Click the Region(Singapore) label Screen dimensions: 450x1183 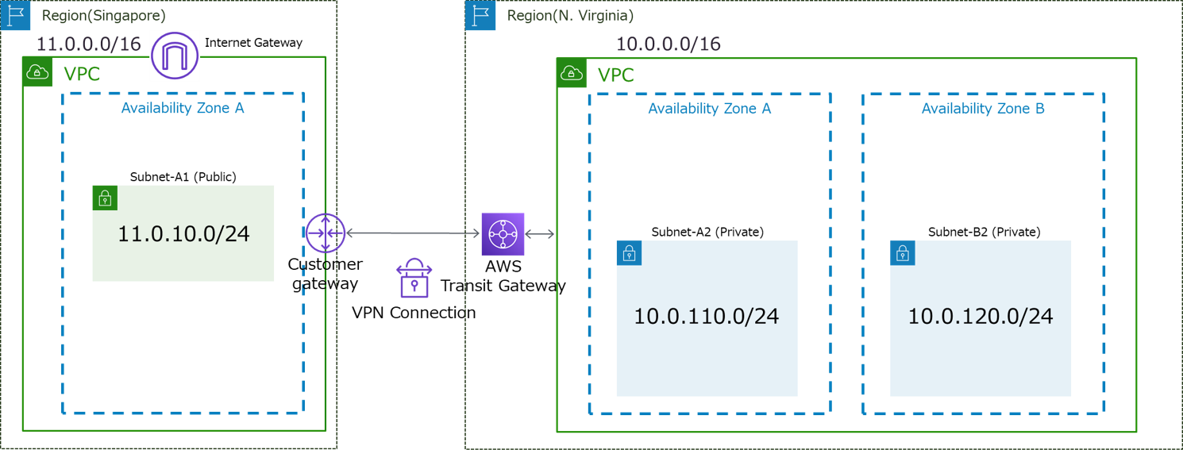(102, 16)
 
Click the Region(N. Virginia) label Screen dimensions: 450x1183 (570, 16)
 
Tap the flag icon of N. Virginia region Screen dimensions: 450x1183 (480, 16)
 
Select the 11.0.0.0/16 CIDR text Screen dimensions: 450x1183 (88, 44)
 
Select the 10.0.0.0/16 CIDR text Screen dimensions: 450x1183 (668, 44)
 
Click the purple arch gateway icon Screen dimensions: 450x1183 (175, 56)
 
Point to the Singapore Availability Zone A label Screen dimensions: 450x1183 (182, 108)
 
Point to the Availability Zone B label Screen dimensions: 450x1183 (982, 109)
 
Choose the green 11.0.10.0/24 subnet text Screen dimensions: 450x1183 (183, 234)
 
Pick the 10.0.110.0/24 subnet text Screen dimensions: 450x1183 (706, 317)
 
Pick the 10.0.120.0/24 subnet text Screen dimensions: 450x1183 (980, 317)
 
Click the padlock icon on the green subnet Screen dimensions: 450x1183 (105, 198)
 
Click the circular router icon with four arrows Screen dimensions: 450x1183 (325, 233)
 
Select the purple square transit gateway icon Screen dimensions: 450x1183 (503, 234)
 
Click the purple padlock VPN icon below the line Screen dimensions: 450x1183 (413, 278)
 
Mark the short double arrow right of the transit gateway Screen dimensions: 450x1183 (540, 234)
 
